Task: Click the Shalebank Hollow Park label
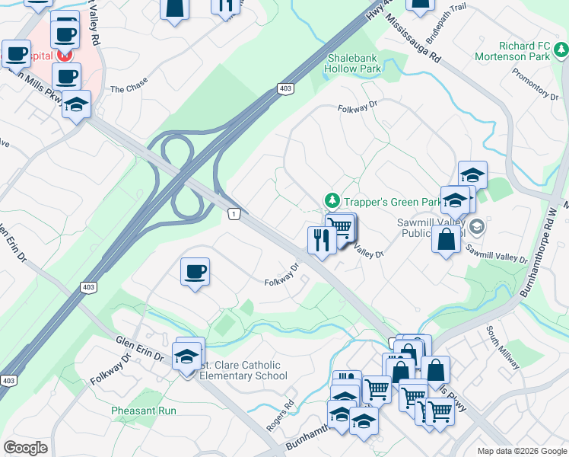354,62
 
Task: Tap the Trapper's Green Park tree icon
332,201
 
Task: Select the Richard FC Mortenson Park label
512,51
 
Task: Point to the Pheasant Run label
144,411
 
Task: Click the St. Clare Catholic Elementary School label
240,370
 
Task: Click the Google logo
25,447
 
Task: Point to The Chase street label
128,89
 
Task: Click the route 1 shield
234,215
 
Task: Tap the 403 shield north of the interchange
284,89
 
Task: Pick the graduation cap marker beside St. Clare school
186,356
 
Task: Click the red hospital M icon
65,56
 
